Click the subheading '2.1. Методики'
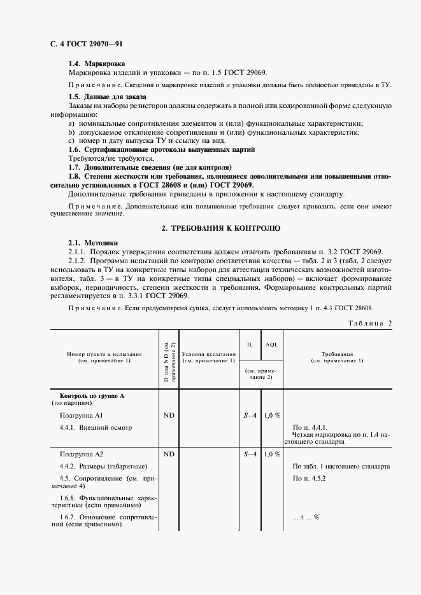pos(93,243)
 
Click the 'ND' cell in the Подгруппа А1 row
pos(169,416)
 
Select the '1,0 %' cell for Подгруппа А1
pos(273,416)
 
